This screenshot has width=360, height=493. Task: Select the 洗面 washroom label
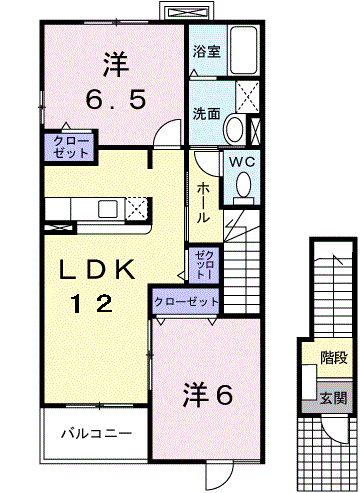tap(206, 113)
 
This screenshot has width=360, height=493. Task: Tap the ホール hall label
tap(203, 201)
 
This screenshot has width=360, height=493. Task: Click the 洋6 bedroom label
tap(207, 394)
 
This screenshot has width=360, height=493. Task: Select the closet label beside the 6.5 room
tap(67, 147)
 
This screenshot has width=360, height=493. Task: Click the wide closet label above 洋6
tap(186, 300)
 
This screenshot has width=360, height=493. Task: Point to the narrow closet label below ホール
tap(204, 264)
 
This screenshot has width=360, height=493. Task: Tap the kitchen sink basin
tap(106, 208)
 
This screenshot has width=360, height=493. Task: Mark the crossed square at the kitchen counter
tap(137, 208)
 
